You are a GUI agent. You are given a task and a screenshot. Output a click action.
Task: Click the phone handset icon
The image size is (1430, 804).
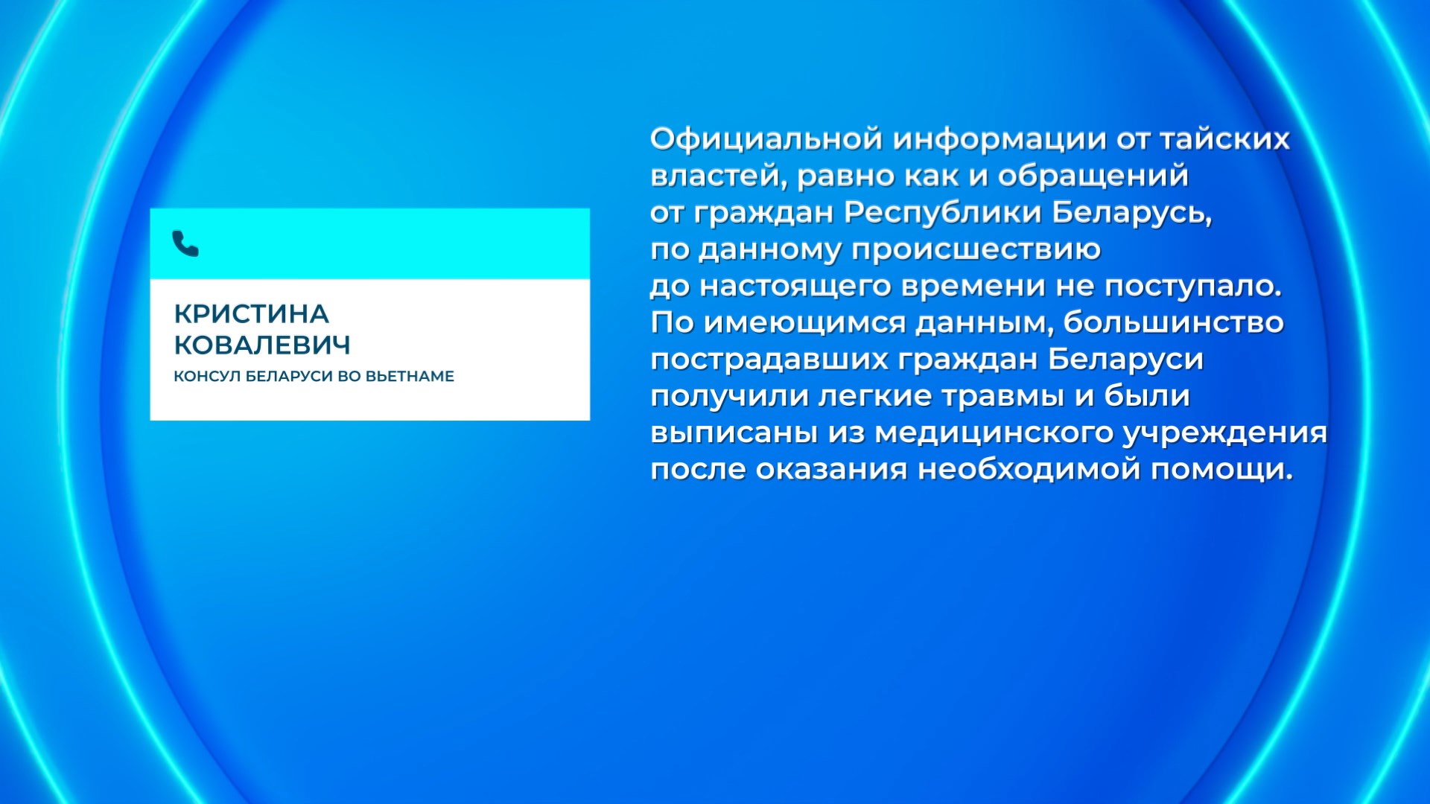tap(185, 243)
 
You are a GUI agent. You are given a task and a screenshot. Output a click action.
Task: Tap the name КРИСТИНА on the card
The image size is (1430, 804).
tap(251, 314)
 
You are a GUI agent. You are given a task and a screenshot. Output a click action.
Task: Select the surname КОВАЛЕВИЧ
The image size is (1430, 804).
tap(262, 345)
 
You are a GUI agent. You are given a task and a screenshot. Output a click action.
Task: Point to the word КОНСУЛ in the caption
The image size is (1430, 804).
tap(207, 377)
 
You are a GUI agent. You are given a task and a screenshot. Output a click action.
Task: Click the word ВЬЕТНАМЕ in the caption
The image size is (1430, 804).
tap(410, 377)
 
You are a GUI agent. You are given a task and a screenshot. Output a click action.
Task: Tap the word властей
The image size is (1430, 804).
tap(717, 176)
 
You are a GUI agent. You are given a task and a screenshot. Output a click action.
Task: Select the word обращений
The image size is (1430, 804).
tap(1093, 176)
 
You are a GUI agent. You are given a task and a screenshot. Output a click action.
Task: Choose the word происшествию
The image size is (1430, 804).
tap(976, 249)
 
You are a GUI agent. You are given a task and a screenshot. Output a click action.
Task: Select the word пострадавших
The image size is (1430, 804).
tap(769, 360)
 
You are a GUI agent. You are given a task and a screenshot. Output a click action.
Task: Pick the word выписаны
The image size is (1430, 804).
tap(734, 433)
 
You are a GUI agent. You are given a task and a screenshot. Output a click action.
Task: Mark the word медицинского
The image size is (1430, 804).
tap(993, 433)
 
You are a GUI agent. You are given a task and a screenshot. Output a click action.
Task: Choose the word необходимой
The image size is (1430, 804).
tap(1029, 470)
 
